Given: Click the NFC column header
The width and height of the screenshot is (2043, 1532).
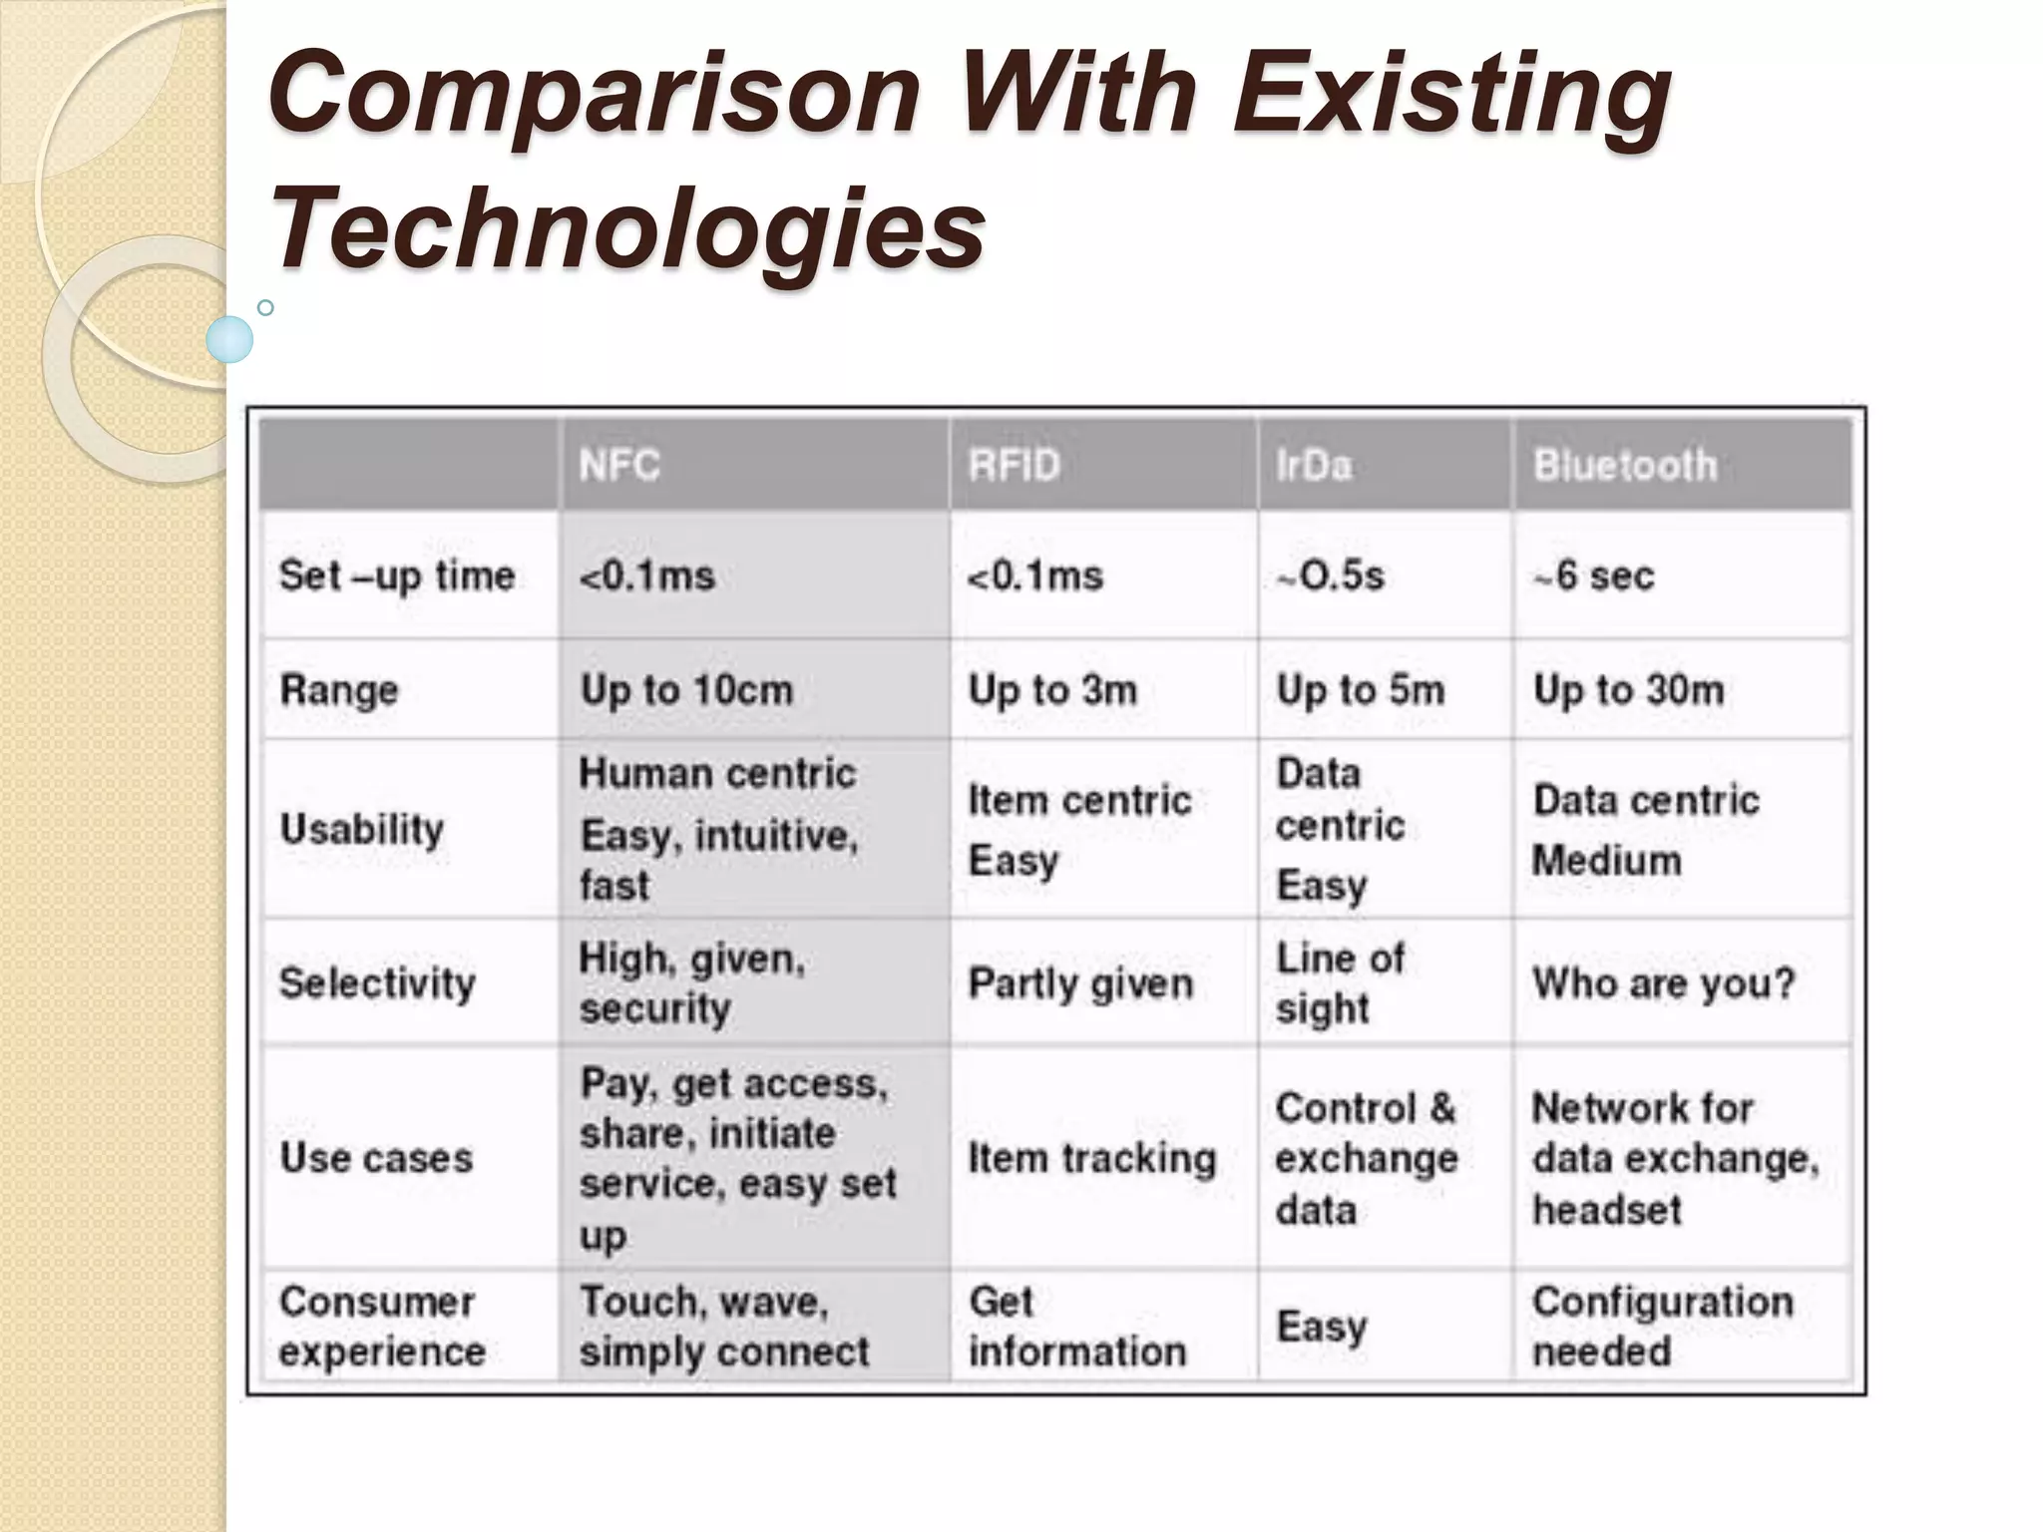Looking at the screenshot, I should (619, 466).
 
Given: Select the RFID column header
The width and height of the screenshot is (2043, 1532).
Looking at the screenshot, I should (1014, 466).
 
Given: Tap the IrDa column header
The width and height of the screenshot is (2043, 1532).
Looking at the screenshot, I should (1314, 466).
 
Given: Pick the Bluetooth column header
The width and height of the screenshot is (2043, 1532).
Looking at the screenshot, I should (1625, 466).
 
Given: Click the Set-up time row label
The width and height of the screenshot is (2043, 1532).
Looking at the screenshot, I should (397, 576).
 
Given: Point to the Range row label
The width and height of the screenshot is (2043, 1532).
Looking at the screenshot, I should (339, 690).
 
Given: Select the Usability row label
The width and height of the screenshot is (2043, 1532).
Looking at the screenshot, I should (362, 829).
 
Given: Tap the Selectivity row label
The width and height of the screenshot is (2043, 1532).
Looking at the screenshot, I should (377, 983).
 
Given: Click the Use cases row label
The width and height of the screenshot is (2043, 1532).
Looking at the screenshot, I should (376, 1158).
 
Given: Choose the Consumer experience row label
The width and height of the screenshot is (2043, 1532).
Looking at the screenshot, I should (382, 1327).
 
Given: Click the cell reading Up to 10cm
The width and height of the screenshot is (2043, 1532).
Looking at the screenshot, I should (686, 690).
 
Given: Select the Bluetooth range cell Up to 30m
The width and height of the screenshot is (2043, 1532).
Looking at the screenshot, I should (1628, 690).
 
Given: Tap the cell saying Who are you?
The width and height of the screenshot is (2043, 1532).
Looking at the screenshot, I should (1663, 983).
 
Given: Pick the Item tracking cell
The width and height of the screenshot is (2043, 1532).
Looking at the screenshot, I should (1092, 1158).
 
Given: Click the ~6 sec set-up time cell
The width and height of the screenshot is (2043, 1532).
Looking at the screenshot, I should (1593, 576).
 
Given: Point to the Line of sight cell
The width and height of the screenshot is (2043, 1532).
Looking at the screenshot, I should (1340, 983).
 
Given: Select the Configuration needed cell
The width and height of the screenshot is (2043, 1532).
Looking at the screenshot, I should (1662, 1327).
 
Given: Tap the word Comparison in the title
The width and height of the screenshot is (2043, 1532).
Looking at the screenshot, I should (594, 95).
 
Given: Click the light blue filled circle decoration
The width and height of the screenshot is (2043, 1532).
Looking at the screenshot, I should (229, 339).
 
